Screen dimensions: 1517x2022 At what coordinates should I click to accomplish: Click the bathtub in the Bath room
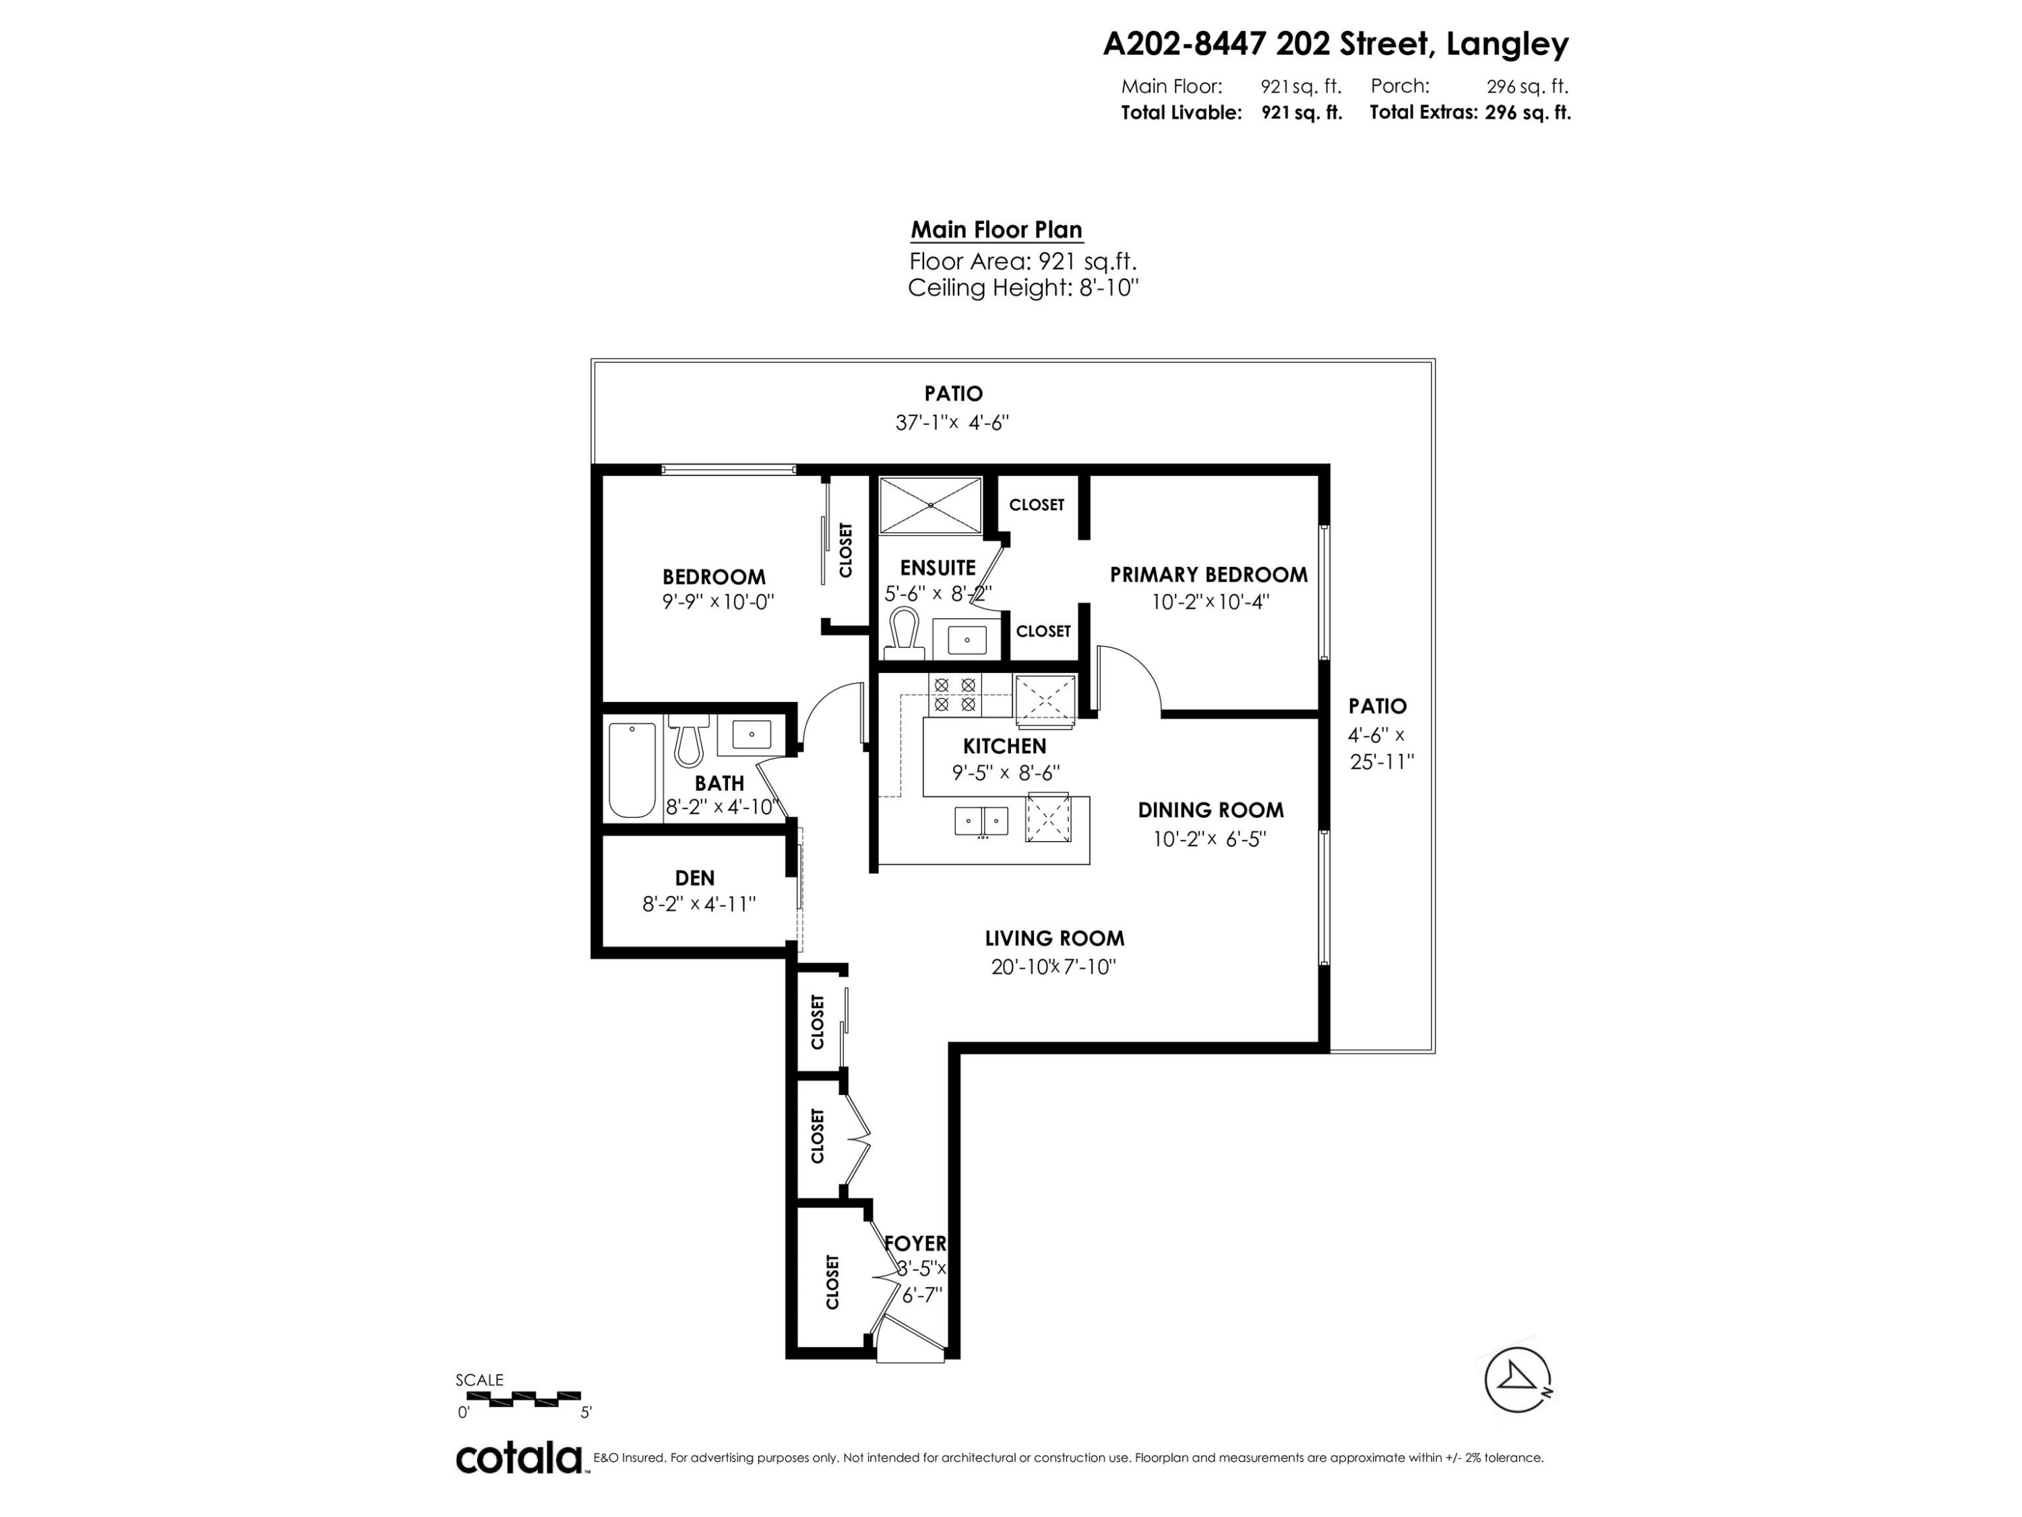point(633,770)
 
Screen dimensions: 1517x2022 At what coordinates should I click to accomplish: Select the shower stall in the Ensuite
point(929,504)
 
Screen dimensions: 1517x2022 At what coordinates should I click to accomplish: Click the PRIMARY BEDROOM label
point(1208,574)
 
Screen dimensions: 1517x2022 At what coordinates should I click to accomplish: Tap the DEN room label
point(695,878)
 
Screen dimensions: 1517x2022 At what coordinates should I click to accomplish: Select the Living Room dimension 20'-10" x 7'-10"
point(1053,967)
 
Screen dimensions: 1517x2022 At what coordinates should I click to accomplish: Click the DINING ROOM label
point(1211,809)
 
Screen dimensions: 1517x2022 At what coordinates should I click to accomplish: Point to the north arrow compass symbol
point(1516,1380)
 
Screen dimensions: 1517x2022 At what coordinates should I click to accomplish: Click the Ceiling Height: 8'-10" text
point(1023,288)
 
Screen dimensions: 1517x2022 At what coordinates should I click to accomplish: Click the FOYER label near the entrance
point(915,1243)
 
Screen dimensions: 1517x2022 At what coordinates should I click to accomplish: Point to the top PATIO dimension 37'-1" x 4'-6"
point(952,423)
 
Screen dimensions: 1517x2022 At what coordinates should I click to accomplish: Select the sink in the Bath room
point(752,734)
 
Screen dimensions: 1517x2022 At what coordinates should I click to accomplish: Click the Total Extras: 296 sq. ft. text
point(1470,113)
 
